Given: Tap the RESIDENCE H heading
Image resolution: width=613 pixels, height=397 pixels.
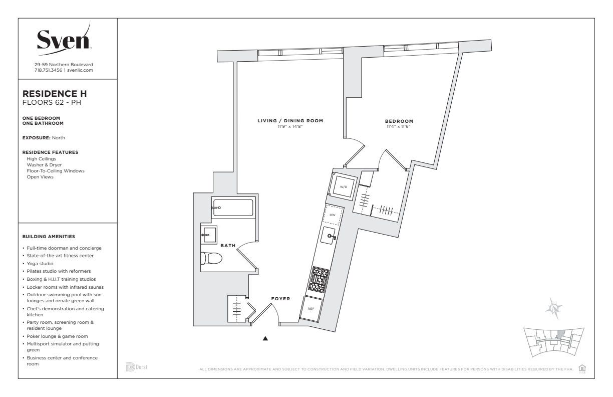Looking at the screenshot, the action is click(x=55, y=94).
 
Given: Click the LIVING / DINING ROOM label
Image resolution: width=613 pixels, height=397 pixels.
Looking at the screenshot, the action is click(x=290, y=120).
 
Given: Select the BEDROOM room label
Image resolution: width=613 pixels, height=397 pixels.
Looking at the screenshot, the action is click(x=399, y=121).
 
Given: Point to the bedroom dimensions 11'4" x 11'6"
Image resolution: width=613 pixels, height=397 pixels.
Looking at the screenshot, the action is click(x=399, y=127).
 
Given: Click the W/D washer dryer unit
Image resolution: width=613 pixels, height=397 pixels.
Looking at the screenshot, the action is click(x=344, y=187).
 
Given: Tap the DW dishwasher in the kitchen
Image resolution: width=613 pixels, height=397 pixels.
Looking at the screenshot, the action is click(x=333, y=215).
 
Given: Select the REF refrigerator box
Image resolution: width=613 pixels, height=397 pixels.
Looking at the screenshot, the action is click(x=311, y=308).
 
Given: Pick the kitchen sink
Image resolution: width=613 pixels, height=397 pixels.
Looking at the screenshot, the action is click(x=328, y=236).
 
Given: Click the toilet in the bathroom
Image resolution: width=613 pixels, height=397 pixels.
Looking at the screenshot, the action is click(x=211, y=258).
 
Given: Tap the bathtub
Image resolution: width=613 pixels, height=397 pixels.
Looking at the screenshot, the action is click(x=233, y=208).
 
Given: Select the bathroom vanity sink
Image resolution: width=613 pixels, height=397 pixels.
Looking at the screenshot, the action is click(x=209, y=235).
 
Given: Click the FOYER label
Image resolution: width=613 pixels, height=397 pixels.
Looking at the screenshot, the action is click(x=280, y=299).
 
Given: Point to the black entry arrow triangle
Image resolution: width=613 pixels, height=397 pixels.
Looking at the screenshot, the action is click(x=265, y=338).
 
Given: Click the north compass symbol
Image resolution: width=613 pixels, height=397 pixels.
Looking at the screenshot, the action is click(x=554, y=308).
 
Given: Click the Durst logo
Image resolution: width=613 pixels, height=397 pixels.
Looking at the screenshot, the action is click(x=137, y=367).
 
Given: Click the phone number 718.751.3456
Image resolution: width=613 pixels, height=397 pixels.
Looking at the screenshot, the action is click(x=48, y=70).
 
